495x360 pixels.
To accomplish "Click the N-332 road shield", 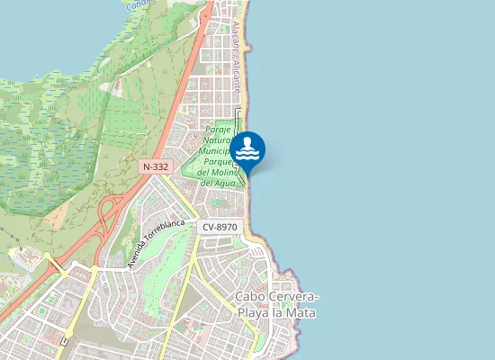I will pyautogui.click(x=153, y=166).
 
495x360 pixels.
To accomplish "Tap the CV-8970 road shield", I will pyautogui.click(x=219, y=228).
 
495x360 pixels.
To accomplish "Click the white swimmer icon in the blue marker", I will pyautogui.click(x=247, y=148).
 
